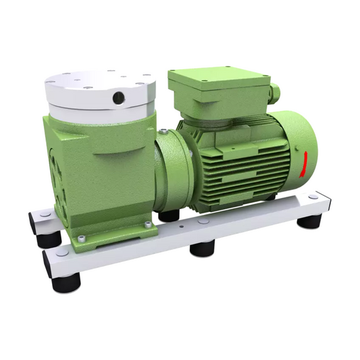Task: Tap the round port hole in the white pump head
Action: point(120,99)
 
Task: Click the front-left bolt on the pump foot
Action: point(82,237)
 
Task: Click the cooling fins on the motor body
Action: point(250,165)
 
